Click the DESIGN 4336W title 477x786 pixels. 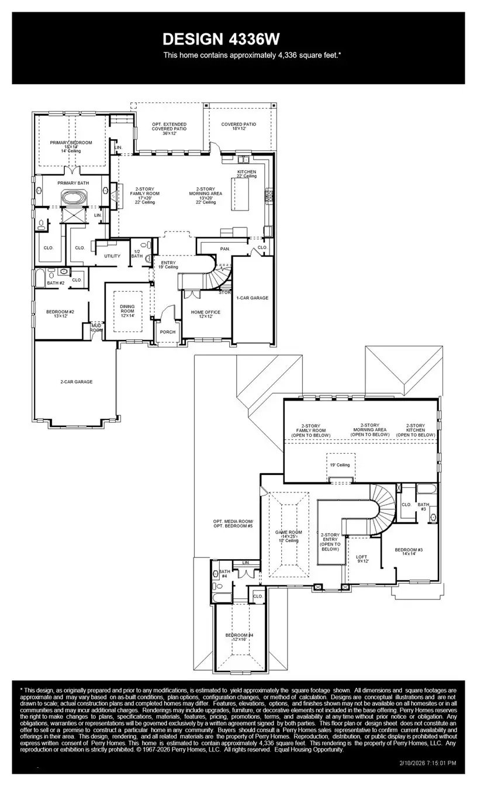click(x=221, y=39)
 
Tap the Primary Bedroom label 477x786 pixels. click(x=71, y=145)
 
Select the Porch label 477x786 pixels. click(x=168, y=332)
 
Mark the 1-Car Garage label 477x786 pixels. click(x=253, y=298)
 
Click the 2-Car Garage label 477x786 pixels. click(x=76, y=382)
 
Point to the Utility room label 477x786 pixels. click(x=112, y=256)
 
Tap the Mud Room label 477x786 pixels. click(x=96, y=327)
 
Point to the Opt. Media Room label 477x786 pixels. click(x=233, y=523)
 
